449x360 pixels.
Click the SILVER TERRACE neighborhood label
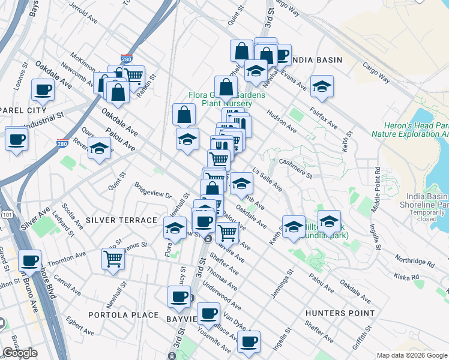tap(121, 220)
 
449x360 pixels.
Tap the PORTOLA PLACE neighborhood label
tap(123, 315)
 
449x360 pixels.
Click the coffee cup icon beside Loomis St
tap(43, 90)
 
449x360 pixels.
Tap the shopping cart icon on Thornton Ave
tap(113, 259)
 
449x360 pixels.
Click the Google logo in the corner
tap(20, 353)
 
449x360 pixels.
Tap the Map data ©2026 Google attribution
tap(412, 355)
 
